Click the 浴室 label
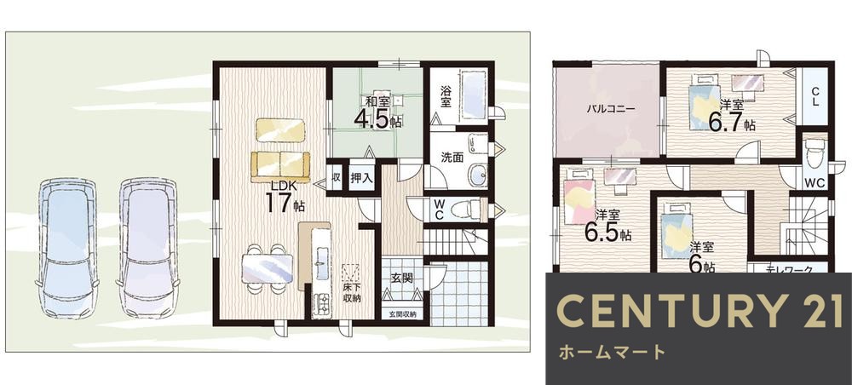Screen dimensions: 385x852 (446, 95)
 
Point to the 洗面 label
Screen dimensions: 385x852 (452, 158)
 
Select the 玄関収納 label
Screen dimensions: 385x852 (403, 314)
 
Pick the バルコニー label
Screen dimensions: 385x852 (607, 109)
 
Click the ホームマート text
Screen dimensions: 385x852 (611, 352)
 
